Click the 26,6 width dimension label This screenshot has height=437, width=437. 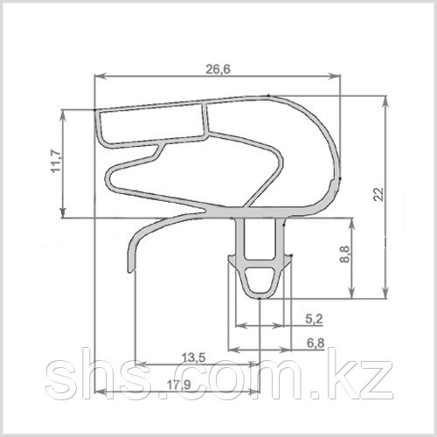218,69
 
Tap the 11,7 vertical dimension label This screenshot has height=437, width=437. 56,161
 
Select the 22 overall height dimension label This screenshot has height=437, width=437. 378,194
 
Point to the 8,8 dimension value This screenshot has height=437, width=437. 344,254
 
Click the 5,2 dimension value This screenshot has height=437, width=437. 314,319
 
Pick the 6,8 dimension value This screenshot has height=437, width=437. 316,343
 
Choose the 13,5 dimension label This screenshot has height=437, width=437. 193,357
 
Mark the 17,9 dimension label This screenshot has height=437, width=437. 179,385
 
